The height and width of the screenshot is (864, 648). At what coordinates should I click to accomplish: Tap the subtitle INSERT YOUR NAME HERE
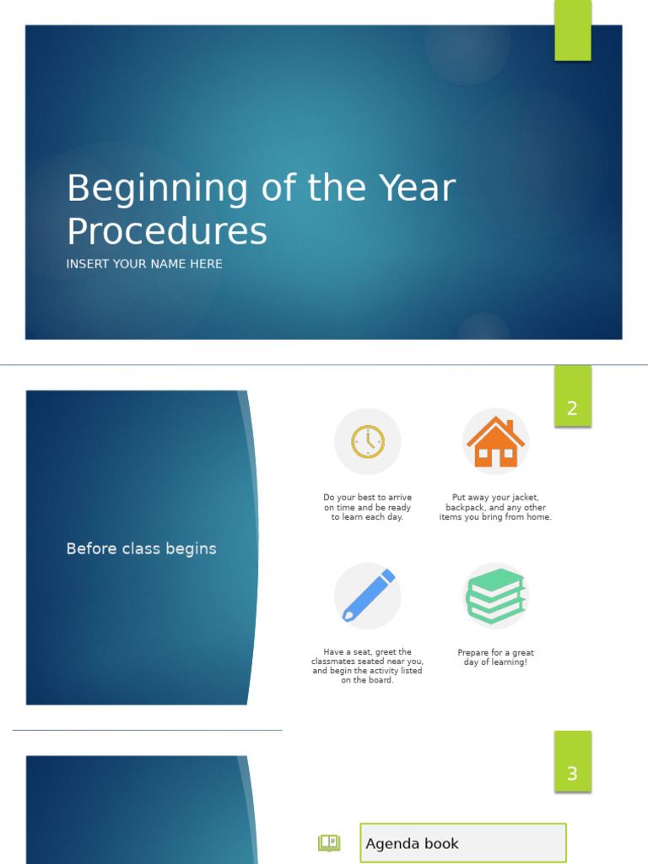coord(144,264)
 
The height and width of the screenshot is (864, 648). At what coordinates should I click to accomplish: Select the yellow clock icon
coord(368,441)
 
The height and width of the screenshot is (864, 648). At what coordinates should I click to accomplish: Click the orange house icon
coord(495,441)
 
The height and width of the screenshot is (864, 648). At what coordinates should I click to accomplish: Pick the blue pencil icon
coord(368,596)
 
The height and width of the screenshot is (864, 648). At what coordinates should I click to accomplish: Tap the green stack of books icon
coord(495,596)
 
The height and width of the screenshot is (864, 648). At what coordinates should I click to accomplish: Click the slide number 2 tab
coord(572,408)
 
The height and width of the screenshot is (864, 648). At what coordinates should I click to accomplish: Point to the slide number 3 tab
coord(572,773)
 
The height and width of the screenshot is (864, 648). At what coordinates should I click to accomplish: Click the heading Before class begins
coord(141,548)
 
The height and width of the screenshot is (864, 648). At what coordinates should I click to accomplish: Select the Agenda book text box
coord(462,843)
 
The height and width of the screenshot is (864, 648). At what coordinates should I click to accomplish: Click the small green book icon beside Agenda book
coord(329,843)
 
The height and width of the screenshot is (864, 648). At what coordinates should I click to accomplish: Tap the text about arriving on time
coord(367,507)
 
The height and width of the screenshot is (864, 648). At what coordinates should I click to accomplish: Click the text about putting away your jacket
coord(495,507)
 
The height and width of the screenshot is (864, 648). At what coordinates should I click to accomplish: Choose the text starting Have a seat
coord(367,666)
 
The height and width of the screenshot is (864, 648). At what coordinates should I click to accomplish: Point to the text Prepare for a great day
coord(495,657)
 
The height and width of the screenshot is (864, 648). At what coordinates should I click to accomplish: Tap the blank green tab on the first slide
coord(572,30)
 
